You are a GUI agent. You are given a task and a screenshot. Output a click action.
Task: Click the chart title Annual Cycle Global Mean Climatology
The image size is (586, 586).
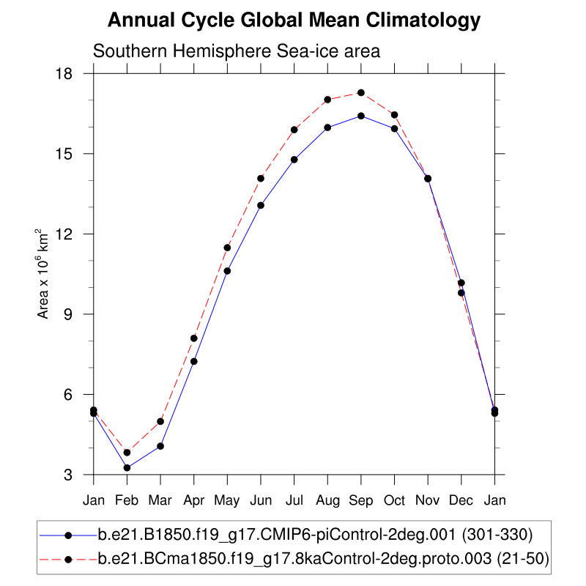click(x=294, y=21)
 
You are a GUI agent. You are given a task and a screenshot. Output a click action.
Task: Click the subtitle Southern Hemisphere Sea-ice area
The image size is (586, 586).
click(x=235, y=52)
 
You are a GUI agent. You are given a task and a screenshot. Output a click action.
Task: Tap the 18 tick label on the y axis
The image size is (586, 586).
click(x=72, y=74)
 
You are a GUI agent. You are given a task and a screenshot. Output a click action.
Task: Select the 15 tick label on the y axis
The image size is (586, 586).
click(x=72, y=154)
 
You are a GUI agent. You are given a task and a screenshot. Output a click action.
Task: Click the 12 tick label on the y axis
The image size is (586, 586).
click(x=72, y=234)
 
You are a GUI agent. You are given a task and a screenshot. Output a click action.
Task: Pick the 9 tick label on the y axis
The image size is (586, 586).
click(x=75, y=314)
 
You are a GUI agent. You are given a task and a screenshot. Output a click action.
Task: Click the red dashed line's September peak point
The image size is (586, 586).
click(x=361, y=93)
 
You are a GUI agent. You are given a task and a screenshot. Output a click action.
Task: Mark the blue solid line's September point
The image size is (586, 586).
click(x=361, y=116)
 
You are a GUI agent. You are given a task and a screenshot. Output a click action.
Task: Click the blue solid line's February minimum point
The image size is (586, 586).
click(x=127, y=467)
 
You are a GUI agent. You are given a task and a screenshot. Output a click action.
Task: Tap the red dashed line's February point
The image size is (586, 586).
click(x=127, y=453)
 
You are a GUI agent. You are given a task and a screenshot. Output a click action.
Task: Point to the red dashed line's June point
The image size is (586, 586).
click(x=261, y=178)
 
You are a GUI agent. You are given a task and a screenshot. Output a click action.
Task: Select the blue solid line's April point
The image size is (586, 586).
click(x=194, y=361)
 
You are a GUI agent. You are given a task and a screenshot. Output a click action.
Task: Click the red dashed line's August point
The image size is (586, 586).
click(x=327, y=100)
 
